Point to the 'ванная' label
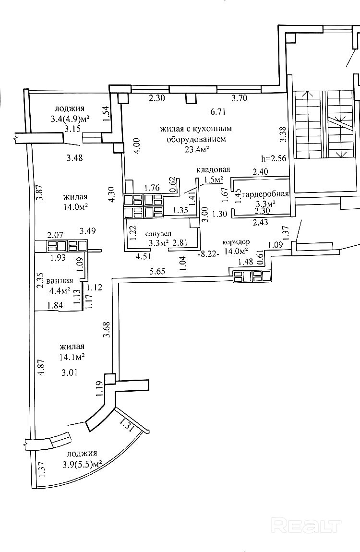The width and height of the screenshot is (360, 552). (60, 281)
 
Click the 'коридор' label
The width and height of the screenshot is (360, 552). (236, 242)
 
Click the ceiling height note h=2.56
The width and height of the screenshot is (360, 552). (274, 158)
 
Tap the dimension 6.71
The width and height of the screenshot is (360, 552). (218, 112)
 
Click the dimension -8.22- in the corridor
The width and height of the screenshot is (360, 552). (208, 254)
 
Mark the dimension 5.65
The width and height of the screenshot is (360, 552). (157, 271)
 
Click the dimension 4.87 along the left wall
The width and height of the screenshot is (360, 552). (42, 368)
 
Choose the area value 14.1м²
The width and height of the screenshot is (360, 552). (72, 357)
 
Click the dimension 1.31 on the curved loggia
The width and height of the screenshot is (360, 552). (126, 425)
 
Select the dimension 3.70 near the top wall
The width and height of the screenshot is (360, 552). (239, 98)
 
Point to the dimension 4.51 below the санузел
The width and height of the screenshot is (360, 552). (143, 256)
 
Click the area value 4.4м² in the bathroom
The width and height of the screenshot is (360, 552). (59, 291)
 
